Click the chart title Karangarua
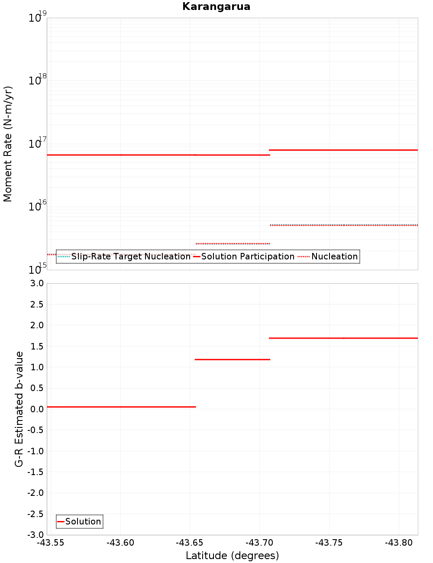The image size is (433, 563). coord(216,6)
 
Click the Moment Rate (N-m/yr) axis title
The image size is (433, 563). coord(8,144)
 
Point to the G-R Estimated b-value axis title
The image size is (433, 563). coord(19,409)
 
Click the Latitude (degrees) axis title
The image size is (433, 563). coord(232,556)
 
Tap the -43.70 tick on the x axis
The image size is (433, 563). coord(259,543)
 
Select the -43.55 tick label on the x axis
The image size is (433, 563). coord(51,543)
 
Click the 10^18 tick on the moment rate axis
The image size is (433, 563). coord(37,80)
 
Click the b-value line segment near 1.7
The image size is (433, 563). coord(343,338)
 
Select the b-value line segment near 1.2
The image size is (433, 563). coord(233,359)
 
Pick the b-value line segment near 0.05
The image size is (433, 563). coord(121,407)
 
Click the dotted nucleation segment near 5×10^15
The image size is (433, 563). coord(343,225)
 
